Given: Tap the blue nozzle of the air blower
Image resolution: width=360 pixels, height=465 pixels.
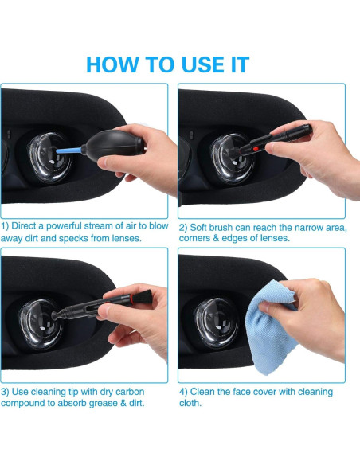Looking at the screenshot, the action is [68, 150].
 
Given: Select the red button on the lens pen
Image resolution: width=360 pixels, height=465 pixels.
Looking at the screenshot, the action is [256, 149].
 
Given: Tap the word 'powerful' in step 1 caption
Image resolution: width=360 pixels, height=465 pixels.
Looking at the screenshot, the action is [64, 226].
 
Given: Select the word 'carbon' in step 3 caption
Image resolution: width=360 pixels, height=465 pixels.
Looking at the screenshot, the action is [130, 392].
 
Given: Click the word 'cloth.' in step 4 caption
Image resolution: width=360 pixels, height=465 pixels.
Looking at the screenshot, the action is [190, 403].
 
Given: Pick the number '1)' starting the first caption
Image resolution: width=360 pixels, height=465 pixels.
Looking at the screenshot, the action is [5, 226].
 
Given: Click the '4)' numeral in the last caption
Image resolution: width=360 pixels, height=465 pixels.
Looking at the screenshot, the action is [183, 392].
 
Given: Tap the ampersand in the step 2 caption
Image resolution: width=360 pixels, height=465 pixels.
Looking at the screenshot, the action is [216, 238].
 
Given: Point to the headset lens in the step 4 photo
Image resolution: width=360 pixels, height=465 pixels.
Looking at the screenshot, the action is [216, 322].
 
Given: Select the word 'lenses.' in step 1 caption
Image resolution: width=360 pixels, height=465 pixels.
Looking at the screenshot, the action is [127, 238].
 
